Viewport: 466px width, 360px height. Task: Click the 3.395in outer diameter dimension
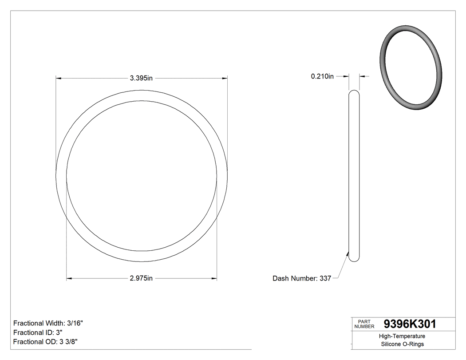pyautogui.click(x=141, y=78)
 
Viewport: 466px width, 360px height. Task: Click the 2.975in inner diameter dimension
pyautogui.click(x=141, y=278)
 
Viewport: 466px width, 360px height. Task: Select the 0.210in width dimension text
pyautogui.click(x=322, y=76)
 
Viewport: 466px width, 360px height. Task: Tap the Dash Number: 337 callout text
pyautogui.click(x=302, y=278)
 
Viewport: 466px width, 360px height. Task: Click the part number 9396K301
pyautogui.click(x=410, y=324)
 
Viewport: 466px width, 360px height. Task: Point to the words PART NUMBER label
pyautogui.click(x=364, y=324)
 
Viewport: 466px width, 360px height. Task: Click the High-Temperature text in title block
pyautogui.click(x=402, y=336)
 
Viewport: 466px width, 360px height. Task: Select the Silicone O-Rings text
pyautogui.click(x=402, y=344)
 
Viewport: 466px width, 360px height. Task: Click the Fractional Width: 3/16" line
pyautogui.click(x=48, y=323)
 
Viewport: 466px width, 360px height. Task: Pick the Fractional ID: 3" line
pyautogui.click(x=38, y=332)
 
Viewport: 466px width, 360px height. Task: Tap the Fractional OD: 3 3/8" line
pyautogui.click(x=46, y=341)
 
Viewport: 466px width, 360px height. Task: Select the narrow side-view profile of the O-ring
pyautogui.click(x=354, y=176)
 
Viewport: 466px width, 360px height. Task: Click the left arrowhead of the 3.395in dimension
pyautogui.click(x=58, y=78)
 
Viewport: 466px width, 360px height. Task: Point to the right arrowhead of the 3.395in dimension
pyautogui.click(x=225, y=78)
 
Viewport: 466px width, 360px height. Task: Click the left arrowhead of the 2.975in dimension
pyautogui.click(x=69, y=279)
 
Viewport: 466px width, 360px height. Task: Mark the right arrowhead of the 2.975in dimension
pyautogui.click(x=214, y=279)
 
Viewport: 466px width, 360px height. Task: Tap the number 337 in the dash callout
pyautogui.click(x=325, y=278)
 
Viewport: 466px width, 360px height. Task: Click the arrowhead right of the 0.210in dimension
pyautogui.click(x=362, y=76)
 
